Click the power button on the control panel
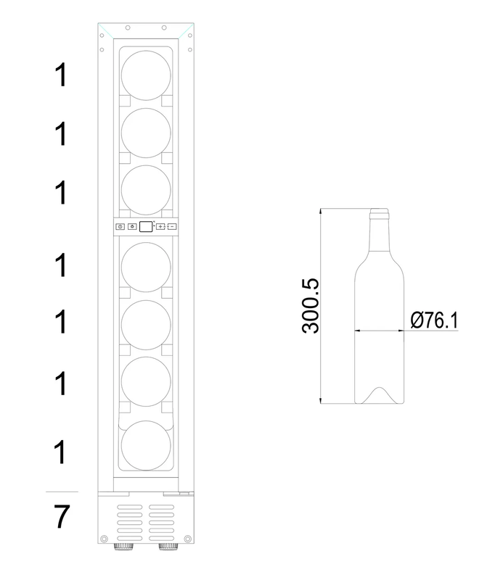pyautogui.click(x=120, y=227)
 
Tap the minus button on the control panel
pyautogui.click(x=172, y=226)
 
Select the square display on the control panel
pyautogui.click(x=146, y=227)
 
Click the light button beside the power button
pyautogui.click(x=132, y=226)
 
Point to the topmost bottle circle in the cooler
pyautogui.click(x=146, y=75)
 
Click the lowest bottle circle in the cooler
pyautogui.click(x=146, y=445)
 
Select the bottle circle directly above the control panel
pyautogui.click(x=146, y=190)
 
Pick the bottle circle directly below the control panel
pyautogui.click(x=146, y=267)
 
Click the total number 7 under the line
pyautogui.click(x=62, y=517)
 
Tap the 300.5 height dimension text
pyautogui.click(x=310, y=306)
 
